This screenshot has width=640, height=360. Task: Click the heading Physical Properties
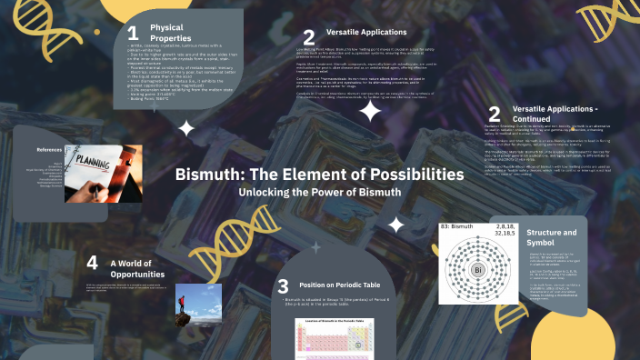click(172, 33)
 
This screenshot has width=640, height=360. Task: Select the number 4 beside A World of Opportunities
click(92, 264)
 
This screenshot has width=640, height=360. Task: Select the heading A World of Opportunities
click(137, 268)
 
